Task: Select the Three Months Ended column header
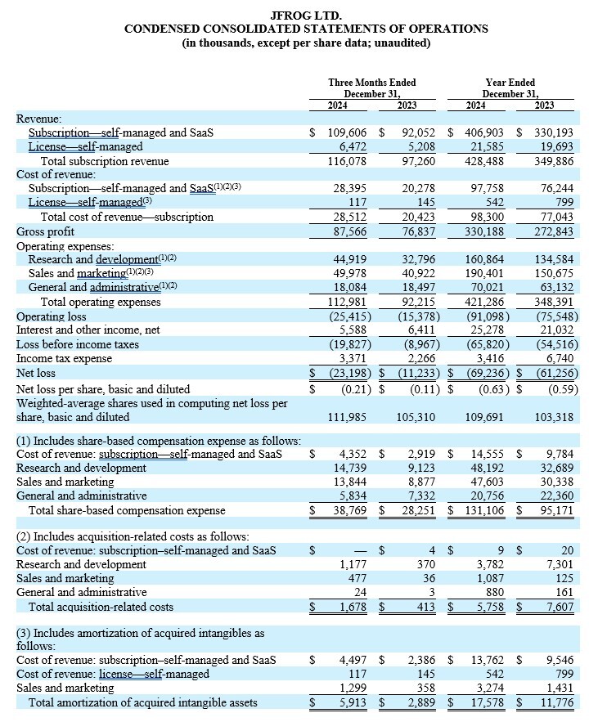tap(371, 83)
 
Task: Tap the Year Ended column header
tap(510, 83)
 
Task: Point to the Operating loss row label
tap(51, 316)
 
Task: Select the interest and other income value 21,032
tap(554, 330)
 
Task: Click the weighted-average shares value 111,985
tap(345, 418)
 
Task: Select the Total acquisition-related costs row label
tap(101, 608)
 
